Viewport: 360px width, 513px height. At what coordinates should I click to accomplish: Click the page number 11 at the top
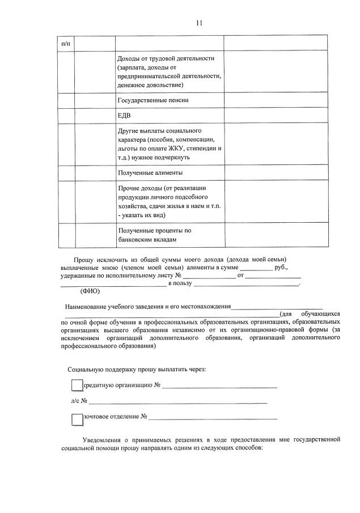[x=199, y=23]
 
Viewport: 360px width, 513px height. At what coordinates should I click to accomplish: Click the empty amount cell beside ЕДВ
[x=275, y=115]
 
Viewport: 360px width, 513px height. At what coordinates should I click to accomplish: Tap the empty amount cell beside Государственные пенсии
[x=275, y=100]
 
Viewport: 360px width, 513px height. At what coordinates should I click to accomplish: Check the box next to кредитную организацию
[x=77, y=385]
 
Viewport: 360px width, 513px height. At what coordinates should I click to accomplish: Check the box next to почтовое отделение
[x=77, y=419]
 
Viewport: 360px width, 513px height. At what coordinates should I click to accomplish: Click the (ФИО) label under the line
[x=90, y=291]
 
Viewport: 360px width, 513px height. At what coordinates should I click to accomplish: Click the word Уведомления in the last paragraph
[x=102, y=439]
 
